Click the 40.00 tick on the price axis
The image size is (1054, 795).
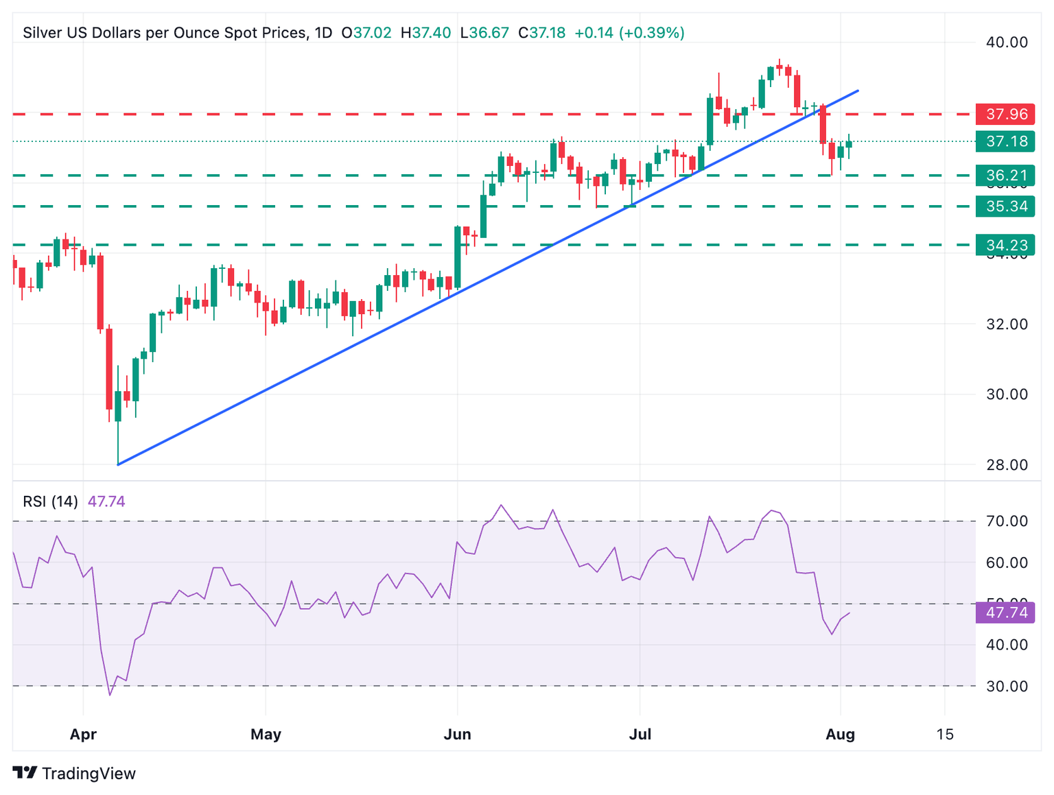click(x=1007, y=43)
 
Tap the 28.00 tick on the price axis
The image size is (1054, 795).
click(x=1007, y=465)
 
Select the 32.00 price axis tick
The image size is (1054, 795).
click(x=1007, y=324)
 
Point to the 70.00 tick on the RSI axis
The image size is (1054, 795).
click(x=1007, y=521)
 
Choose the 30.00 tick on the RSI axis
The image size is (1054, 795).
click(x=1007, y=686)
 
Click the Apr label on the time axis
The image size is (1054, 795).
click(x=83, y=735)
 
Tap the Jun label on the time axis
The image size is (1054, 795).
click(x=457, y=735)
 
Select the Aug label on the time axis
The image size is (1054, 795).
click(x=840, y=735)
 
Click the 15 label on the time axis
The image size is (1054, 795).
click(x=945, y=735)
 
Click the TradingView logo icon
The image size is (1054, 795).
click(x=25, y=773)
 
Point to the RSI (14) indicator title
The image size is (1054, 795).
click(x=50, y=501)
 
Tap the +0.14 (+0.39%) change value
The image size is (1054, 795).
click(x=629, y=33)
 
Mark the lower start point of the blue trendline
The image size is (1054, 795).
click(x=118, y=464)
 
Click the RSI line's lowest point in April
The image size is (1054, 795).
click(x=110, y=695)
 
